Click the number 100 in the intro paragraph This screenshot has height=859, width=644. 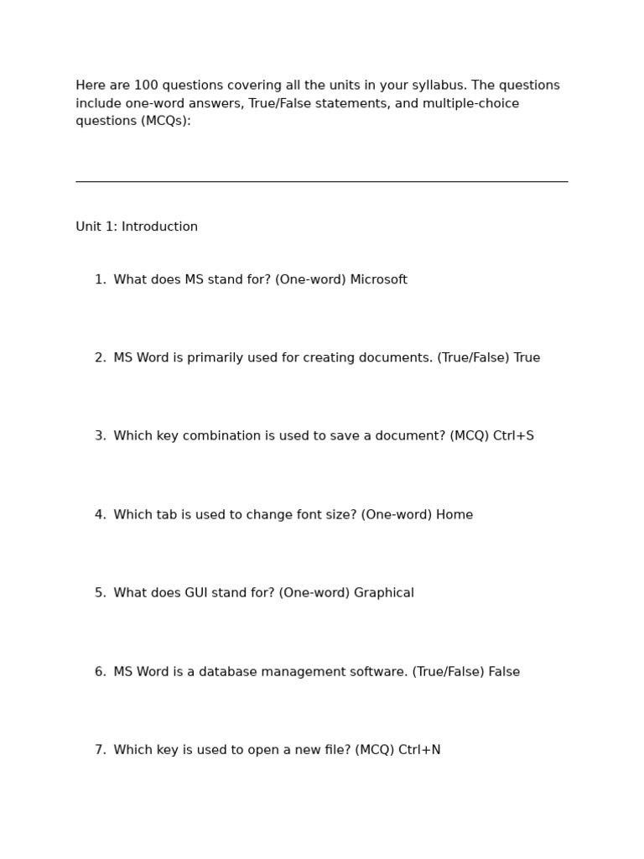click(x=146, y=86)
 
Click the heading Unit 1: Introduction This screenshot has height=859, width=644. click(x=137, y=227)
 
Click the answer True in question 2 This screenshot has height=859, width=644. click(x=527, y=358)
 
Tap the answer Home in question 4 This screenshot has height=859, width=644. click(x=454, y=515)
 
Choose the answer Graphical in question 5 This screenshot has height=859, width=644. click(x=384, y=593)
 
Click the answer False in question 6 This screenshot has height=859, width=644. click(x=504, y=672)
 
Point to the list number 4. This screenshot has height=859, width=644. click(x=100, y=515)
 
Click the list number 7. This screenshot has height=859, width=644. click(x=100, y=750)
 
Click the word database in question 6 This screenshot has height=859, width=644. click(x=226, y=672)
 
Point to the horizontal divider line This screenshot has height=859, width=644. click(x=321, y=181)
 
